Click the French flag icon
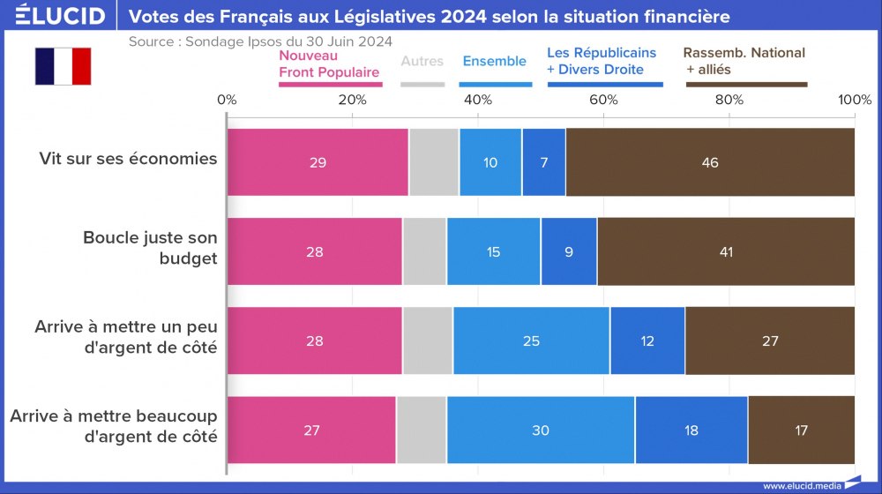click(x=63, y=66)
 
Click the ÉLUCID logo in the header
click(x=61, y=16)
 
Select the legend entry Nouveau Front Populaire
click(x=329, y=64)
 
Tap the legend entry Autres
click(x=422, y=62)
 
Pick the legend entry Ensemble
click(x=494, y=62)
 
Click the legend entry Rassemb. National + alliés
click(x=744, y=62)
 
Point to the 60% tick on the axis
click(x=603, y=100)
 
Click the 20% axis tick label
click(x=353, y=100)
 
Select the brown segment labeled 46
click(x=710, y=162)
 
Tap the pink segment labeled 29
click(x=318, y=162)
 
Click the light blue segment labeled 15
click(x=493, y=251)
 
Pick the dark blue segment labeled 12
click(x=647, y=341)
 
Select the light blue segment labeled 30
click(x=540, y=430)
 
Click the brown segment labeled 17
click(x=801, y=430)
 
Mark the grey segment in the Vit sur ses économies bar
click(x=434, y=162)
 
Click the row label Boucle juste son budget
click(x=149, y=247)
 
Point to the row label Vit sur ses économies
click(x=128, y=159)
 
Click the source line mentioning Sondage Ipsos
click(x=260, y=41)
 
